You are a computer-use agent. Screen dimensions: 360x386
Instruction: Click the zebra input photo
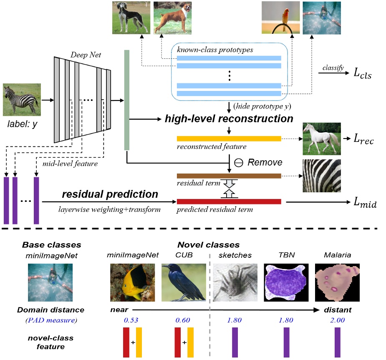19,100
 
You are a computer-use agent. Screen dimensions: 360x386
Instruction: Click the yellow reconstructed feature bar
229,138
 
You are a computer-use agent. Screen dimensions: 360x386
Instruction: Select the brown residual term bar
229,176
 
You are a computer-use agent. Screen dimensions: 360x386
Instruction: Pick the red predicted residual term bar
229,201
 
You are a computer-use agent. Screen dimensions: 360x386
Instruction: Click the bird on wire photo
280,18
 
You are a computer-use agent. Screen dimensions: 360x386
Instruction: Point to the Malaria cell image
337,282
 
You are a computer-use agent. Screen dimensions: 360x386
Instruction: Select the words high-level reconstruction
228,119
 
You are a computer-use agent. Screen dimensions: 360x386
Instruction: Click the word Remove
265,162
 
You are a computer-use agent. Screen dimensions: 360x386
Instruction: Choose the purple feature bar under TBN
286,342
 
